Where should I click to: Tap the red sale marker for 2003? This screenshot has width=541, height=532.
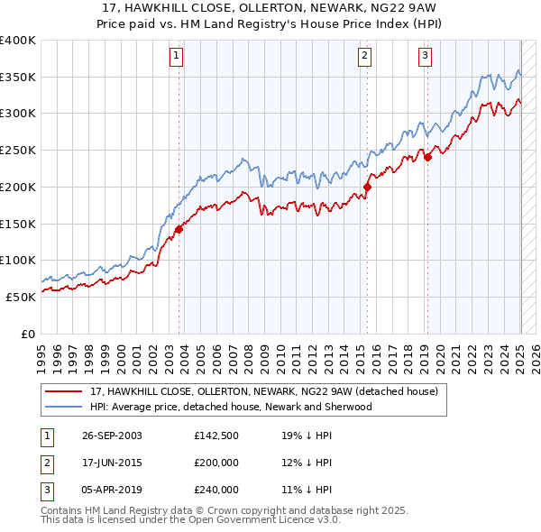tap(179, 229)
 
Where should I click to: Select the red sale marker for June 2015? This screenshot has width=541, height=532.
tap(368, 187)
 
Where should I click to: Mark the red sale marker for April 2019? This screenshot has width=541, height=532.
tap(428, 157)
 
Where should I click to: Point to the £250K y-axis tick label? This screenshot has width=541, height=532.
tap(18, 150)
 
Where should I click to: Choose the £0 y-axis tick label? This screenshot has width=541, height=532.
tap(28, 334)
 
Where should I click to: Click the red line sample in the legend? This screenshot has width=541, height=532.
tap(63, 391)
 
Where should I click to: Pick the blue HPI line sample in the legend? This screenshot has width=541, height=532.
tap(63, 407)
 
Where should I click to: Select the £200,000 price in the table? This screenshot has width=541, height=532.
tap(215, 463)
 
